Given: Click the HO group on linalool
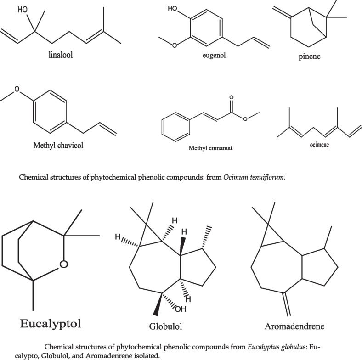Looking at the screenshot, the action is pos(23,9).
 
